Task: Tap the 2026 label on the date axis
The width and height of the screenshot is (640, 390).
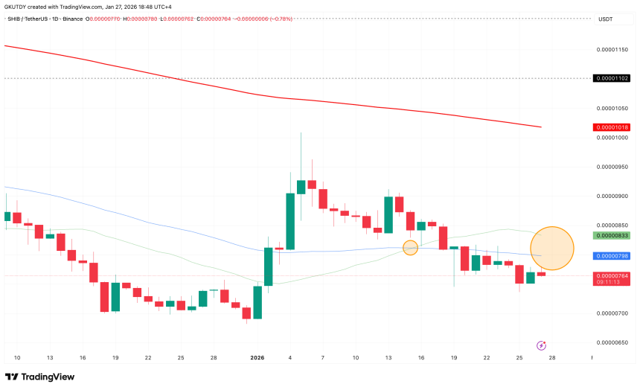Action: (257, 358)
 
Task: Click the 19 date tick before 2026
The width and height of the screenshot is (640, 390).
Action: (115, 358)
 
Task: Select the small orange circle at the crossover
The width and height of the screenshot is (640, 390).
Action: (410, 248)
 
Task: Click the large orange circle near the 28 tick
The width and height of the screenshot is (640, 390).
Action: (552, 248)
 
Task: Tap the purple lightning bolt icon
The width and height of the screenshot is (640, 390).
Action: (541, 345)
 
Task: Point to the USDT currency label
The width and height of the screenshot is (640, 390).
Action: (605, 20)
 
